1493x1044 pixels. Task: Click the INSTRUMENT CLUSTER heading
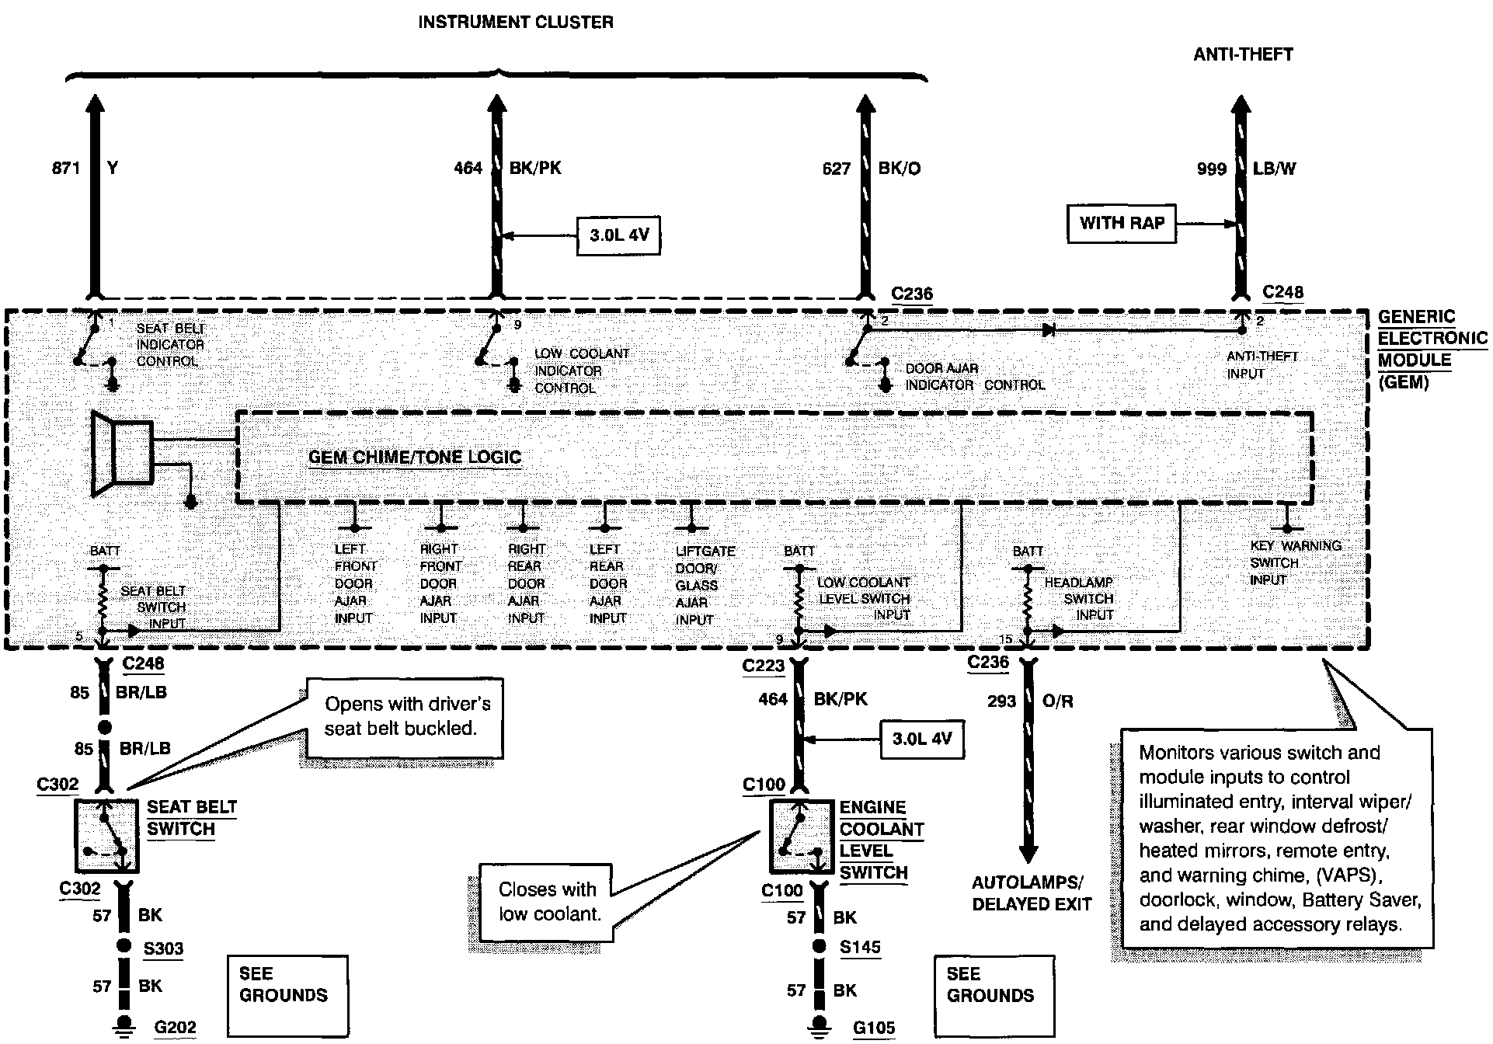(x=515, y=23)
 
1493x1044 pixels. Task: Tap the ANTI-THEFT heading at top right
(x=1243, y=54)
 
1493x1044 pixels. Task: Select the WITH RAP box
(x=1122, y=224)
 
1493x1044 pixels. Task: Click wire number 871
(x=66, y=168)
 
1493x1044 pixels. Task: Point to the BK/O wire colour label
(x=900, y=169)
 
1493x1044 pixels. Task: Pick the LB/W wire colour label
(x=1274, y=169)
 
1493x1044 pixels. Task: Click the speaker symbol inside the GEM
(x=120, y=453)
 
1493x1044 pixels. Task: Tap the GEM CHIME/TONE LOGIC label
(x=415, y=458)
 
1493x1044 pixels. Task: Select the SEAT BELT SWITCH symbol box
(x=107, y=836)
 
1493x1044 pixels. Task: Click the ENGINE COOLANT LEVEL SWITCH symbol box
(x=802, y=836)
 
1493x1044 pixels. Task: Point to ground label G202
(x=175, y=1027)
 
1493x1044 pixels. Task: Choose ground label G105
(x=874, y=1028)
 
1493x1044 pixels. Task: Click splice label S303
(x=163, y=948)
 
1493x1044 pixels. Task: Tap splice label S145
(x=860, y=948)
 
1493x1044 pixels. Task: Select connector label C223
(x=764, y=666)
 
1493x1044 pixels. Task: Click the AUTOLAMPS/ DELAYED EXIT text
(x=1032, y=893)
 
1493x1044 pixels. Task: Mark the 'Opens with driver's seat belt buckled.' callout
(x=406, y=716)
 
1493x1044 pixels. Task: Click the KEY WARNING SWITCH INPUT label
(x=1293, y=562)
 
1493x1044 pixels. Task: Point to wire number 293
(x=1001, y=701)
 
